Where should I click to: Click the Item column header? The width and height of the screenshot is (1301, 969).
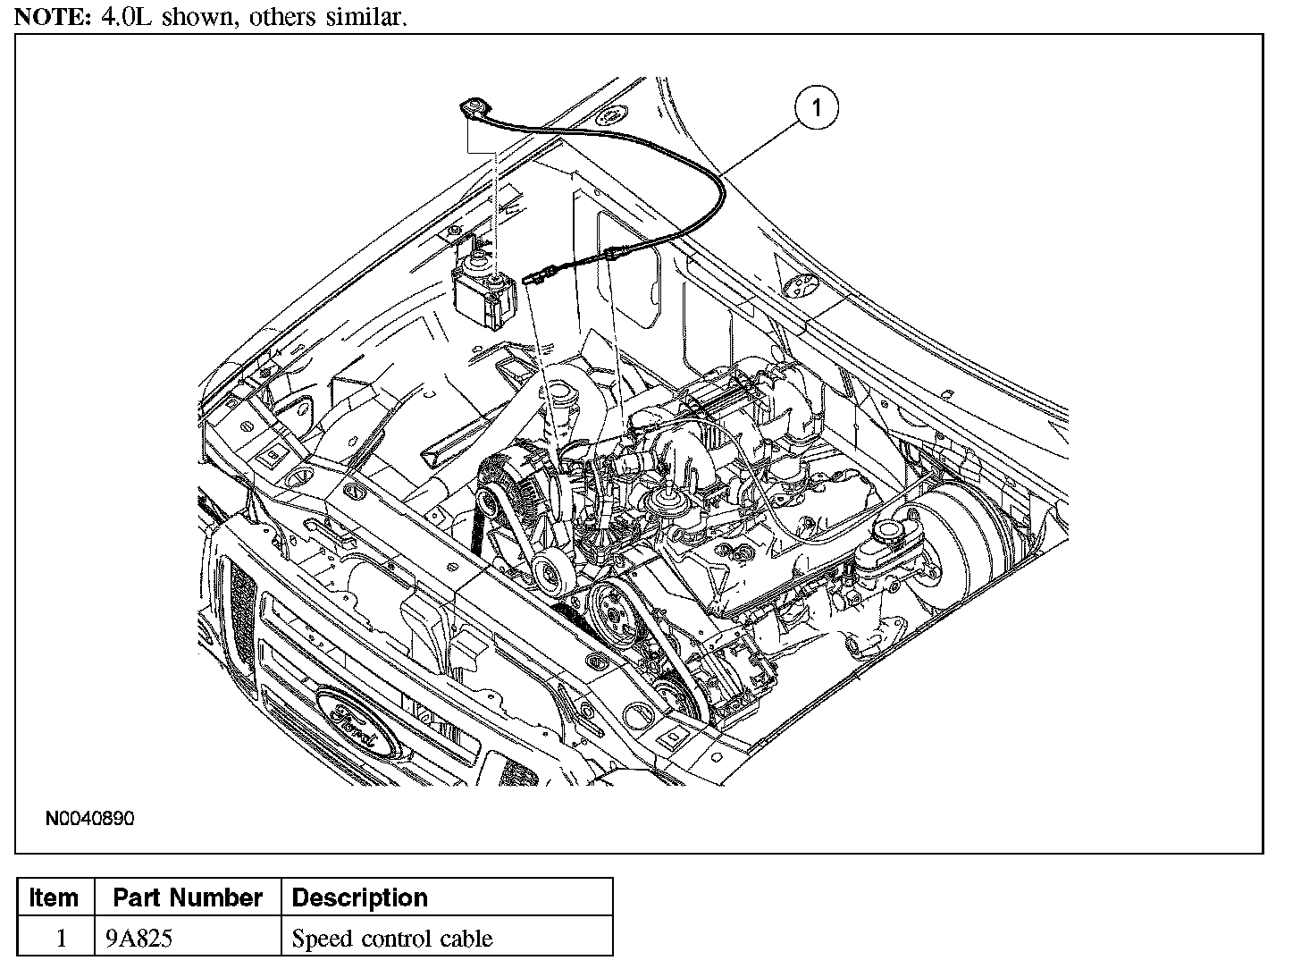point(54,897)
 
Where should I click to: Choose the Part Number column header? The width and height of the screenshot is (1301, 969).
point(188,897)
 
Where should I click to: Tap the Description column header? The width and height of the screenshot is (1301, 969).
point(360,897)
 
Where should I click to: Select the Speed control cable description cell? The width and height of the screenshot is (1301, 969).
point(392,939)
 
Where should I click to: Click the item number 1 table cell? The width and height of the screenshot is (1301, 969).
point(61,939)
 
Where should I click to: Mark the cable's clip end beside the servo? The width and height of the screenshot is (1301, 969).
point(534,275)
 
